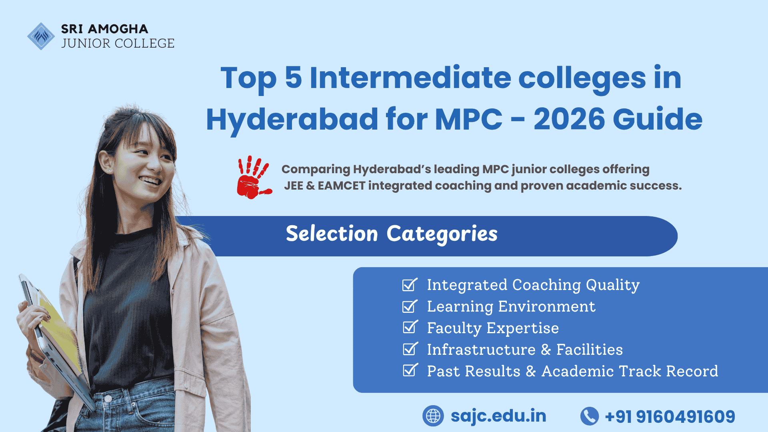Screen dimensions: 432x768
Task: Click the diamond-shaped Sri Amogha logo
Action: click(41, 36)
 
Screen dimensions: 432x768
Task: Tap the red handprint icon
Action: click(252, 178)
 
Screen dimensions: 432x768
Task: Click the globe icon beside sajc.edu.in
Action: click(433, 416)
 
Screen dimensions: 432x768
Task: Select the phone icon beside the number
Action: click(589, 416)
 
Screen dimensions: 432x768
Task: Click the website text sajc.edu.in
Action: click(498, 416)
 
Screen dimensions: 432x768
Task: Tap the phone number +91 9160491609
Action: click(670, 416)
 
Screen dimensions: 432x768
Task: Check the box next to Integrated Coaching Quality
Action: click(409, 285)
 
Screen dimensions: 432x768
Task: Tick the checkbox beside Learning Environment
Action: click(409, 306)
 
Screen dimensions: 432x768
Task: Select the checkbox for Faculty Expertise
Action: click(409, 328)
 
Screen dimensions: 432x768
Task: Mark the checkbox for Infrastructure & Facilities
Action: click(409, 349)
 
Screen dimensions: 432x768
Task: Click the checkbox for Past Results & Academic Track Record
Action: click(409, 371)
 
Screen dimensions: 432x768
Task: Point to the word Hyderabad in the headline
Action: click(292, 119)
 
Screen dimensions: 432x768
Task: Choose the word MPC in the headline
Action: click(468, 119)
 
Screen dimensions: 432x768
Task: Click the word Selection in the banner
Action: click(332, 234)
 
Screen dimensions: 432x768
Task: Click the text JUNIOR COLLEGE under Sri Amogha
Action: click(118, 43)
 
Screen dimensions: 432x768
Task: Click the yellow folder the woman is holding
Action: click(60, 328)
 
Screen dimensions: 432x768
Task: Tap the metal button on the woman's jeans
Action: click(108, 398)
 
